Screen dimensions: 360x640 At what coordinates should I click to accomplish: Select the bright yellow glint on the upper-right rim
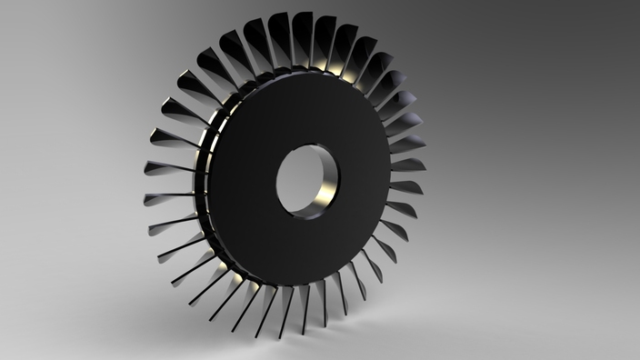pos(351,73)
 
